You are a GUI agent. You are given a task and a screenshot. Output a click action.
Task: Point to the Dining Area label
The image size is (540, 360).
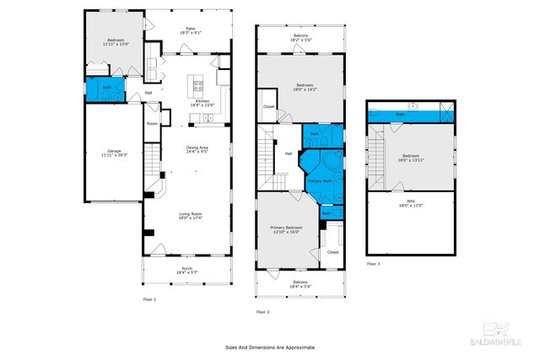(x=197, y=150)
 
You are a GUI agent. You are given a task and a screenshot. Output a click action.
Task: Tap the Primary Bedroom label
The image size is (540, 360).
(x=285, y=229)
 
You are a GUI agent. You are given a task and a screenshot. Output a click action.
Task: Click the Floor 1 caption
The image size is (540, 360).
(x=148, y=299)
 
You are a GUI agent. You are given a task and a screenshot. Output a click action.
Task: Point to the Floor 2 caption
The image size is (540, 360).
(x=262, y=312)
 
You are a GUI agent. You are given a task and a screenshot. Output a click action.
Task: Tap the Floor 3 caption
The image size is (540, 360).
(x=373, y=264)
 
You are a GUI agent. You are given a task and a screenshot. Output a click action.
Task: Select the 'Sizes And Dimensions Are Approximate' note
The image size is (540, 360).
(x=269, y=347)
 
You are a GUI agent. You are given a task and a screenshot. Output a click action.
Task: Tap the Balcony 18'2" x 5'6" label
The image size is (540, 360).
(x=300, y=38)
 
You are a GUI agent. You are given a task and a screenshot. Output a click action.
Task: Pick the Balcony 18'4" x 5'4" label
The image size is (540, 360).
(x=300, y=284)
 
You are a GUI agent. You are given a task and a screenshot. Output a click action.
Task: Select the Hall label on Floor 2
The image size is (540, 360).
(x=288, y=153)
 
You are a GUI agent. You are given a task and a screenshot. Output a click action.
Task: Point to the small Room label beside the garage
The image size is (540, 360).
(x=152, y=123)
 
